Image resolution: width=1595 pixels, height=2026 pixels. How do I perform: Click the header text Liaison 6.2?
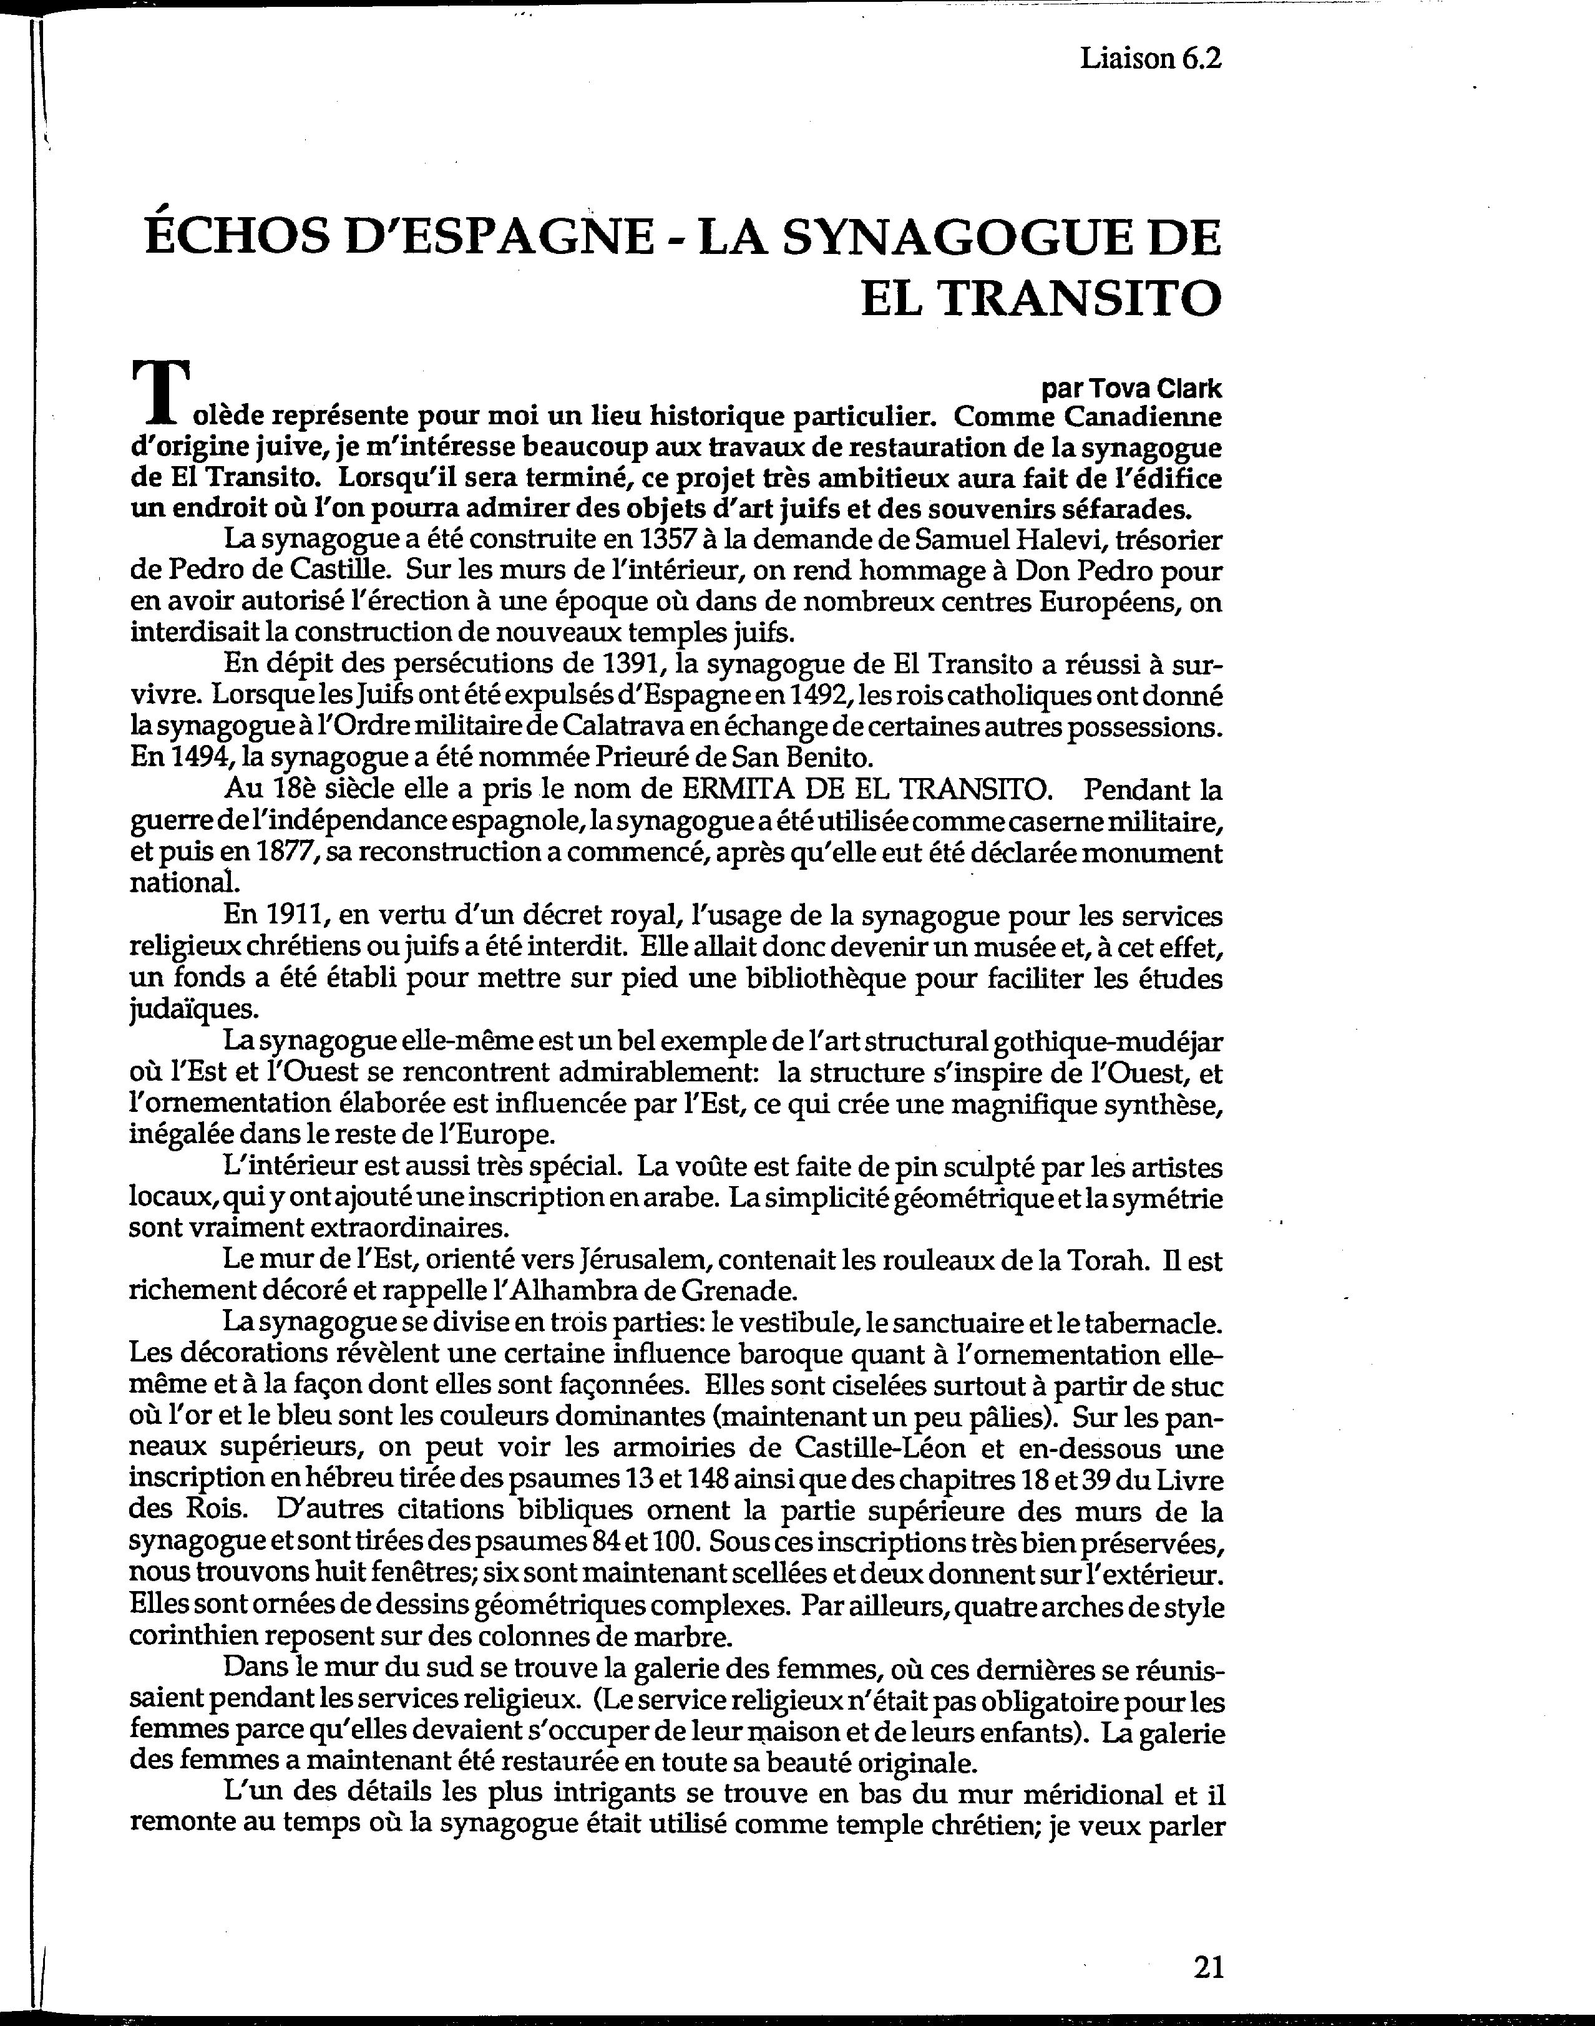pos(1151,59)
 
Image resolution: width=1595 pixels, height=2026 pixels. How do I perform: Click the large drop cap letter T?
pos(160,392)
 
